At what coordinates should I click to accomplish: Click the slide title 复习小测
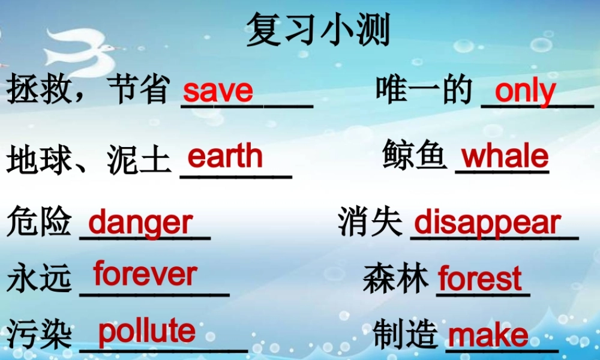318,30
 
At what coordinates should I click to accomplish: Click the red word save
218,91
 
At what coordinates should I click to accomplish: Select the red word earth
225,157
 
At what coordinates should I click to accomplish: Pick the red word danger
140,223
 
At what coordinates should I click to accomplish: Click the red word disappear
487,223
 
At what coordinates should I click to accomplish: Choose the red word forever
145,274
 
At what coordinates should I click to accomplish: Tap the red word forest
480,280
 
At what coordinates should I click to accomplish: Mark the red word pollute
146,332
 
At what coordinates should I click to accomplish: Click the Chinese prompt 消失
370,223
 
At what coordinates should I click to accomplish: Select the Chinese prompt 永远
40,280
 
